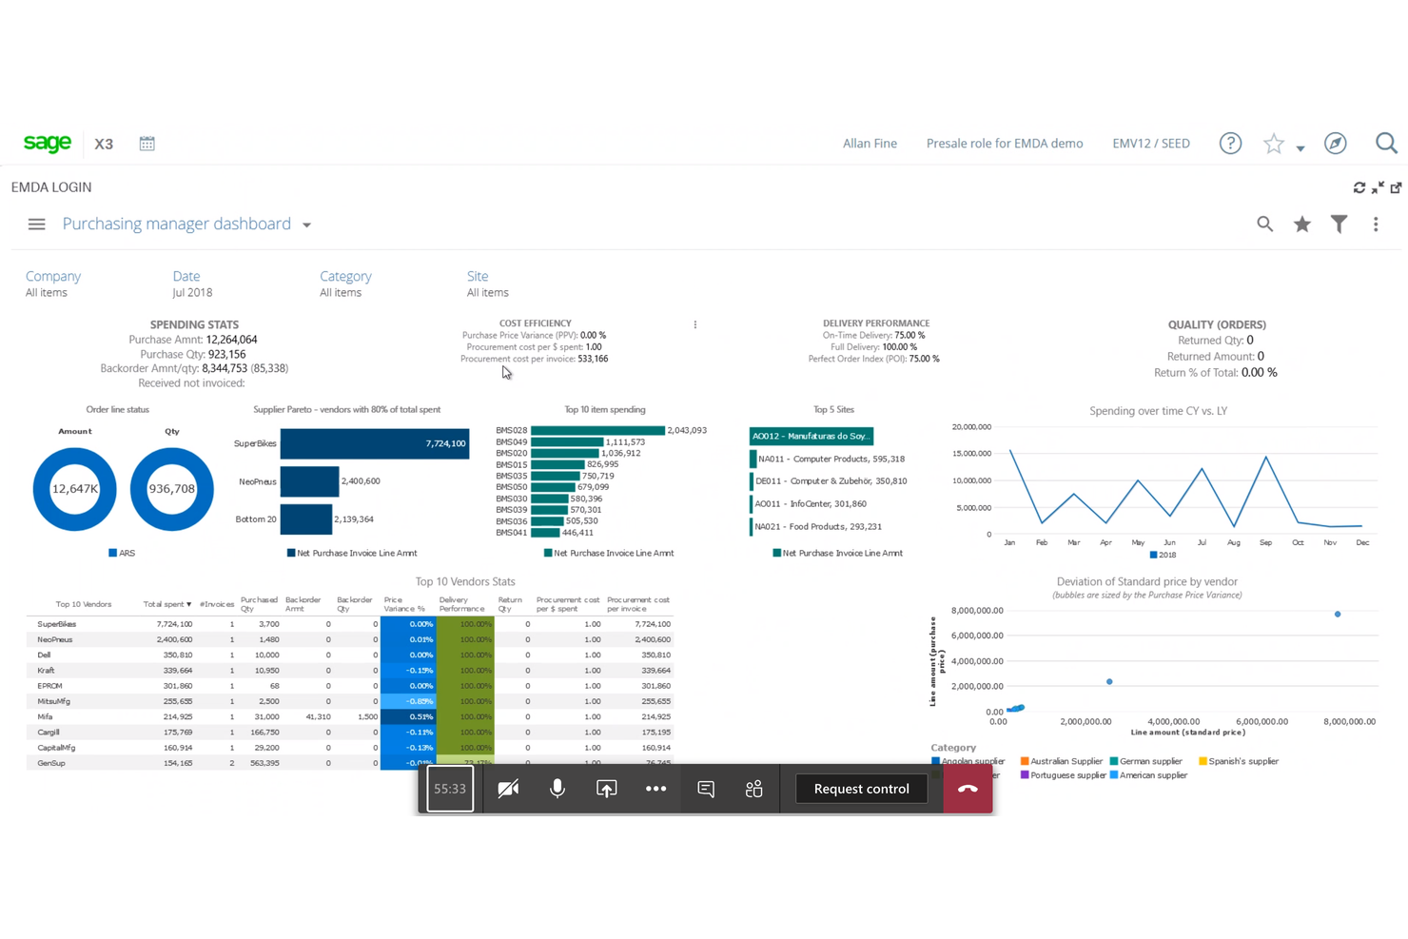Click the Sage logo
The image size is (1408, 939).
47,143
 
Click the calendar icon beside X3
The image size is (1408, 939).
147,144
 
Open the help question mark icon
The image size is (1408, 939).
1230,144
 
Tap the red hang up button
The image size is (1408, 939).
968,789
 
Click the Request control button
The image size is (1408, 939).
861,789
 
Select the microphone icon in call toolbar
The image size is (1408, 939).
557,789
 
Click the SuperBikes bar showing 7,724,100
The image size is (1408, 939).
374,443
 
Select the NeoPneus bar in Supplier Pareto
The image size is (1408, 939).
309,481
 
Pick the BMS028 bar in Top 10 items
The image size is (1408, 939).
597,430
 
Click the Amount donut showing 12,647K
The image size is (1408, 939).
74,489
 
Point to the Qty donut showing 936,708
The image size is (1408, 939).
171,489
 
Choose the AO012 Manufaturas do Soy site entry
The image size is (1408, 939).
811,436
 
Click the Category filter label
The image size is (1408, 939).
345,276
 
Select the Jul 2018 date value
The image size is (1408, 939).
192,293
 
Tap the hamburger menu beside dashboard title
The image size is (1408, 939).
36,225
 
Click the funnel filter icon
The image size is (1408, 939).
1339,225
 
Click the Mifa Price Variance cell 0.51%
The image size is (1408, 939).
407,716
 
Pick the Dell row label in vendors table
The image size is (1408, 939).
45,655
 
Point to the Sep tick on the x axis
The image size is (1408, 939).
1265,542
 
